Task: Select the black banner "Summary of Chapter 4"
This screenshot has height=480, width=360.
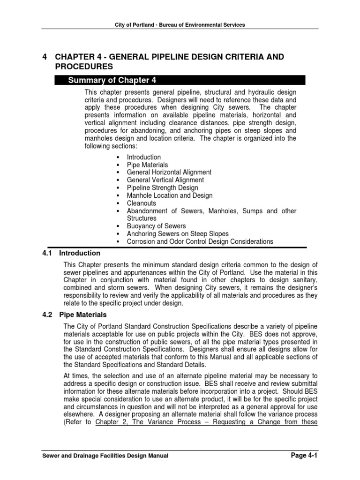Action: tap(187, 80)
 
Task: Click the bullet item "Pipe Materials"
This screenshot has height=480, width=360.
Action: tap(147, 165)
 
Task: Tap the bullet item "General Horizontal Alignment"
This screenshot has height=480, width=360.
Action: tap(169, 172)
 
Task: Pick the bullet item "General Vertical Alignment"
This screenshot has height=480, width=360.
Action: tap(165, 180)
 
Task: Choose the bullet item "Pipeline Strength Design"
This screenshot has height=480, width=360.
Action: tap(162, 188)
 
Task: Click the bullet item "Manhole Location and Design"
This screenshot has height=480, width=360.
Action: tap(169, 195)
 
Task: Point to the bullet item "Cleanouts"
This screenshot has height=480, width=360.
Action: tap(142, 203)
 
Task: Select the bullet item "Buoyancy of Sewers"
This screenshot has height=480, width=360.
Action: tap(156, 226)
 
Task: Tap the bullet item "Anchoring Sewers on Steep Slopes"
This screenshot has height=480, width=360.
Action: tap(178, 234)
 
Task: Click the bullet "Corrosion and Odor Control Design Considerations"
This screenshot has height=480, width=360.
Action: tap(200, 241)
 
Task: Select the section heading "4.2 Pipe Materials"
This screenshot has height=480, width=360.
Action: tap(75, 315)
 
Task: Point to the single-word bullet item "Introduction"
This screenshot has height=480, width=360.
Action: tap(143, 157)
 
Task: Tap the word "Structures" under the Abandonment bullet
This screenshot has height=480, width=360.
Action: tap(142, 218)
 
